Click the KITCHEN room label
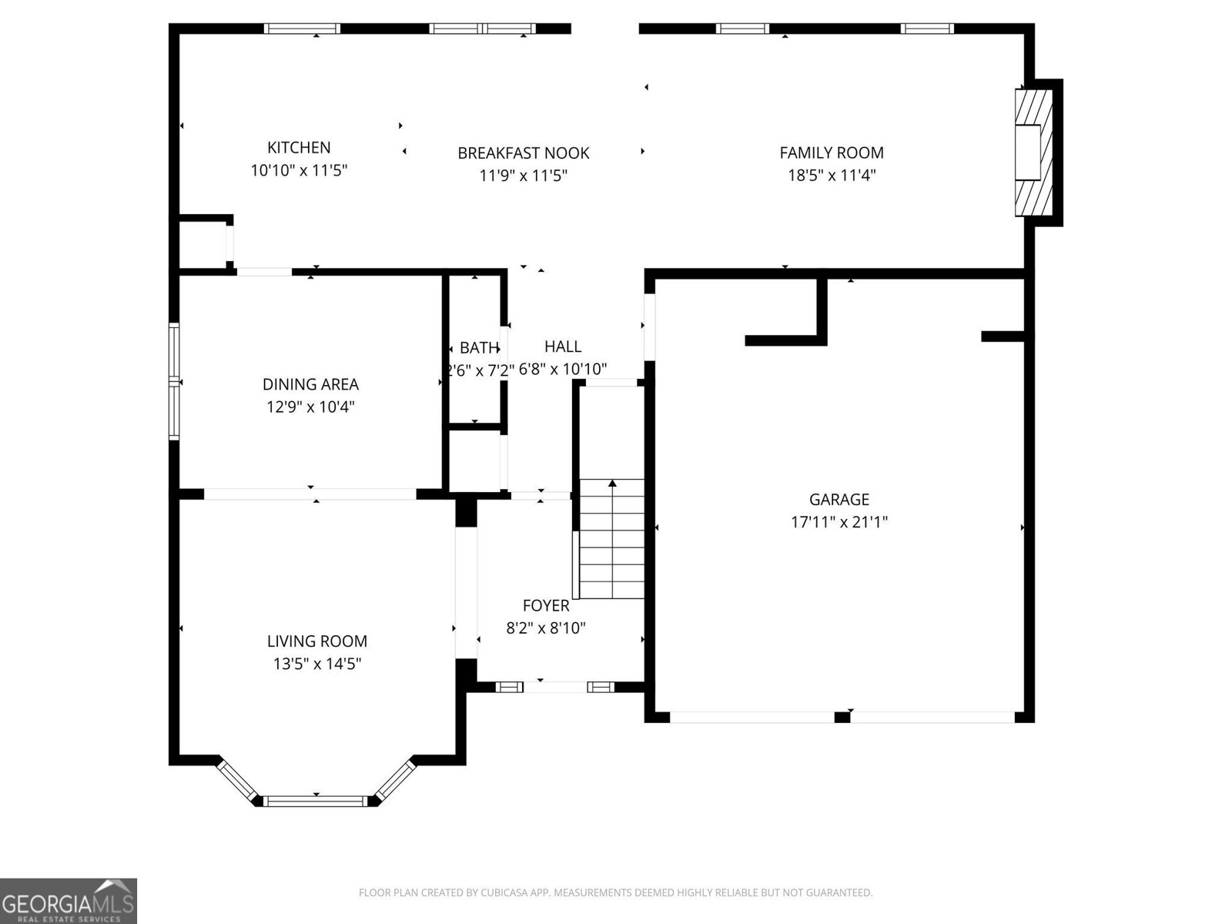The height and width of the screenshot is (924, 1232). [299, 148]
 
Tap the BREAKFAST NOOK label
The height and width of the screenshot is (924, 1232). [523, 153]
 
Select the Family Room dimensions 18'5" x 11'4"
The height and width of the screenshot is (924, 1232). [831, 176]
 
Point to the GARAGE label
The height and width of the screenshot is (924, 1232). [839, 500]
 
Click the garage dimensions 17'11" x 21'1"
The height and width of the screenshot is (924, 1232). [839, 522]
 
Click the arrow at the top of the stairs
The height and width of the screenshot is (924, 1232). [612, 484]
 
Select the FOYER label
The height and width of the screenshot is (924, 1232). [546, 606]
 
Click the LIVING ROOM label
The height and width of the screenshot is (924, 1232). [316, 641]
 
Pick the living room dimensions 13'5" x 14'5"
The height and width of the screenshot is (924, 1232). [316, 664]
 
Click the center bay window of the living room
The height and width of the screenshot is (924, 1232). [316, 802]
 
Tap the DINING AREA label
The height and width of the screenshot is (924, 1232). [310, 384]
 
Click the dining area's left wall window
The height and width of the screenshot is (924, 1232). [174, 382]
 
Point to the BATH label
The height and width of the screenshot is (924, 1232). [479, 348]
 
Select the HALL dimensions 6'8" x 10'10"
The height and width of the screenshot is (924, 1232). [563, 370]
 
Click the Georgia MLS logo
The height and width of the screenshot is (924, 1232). [68, 900]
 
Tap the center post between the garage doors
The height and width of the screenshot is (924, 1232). [842, 718]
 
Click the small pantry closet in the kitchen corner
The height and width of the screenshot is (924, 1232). [202, 243]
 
